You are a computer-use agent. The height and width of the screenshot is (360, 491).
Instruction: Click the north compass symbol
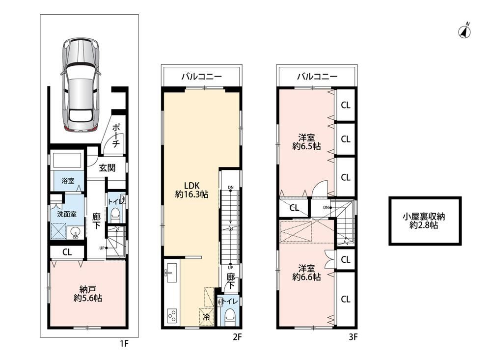tap(464, 31)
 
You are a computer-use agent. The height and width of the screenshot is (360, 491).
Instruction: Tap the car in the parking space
tap(81, 84)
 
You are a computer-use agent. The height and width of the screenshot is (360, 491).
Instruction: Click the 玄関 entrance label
tap(107, 168)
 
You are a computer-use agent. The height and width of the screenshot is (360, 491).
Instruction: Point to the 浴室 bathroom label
tap(68, 181)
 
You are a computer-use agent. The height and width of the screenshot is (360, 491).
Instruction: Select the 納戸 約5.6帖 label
tap(88, 294)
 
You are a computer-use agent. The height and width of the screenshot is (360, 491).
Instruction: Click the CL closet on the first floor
tap(67, 252)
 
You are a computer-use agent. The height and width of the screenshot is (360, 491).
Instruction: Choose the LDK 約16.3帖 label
tap(191, 190)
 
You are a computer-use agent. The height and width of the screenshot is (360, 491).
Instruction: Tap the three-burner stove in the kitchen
tap(172, 316)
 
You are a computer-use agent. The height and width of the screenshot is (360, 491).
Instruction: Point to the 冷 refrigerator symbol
tap(207, 317)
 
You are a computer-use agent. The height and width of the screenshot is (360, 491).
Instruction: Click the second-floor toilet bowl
tap(231, 316)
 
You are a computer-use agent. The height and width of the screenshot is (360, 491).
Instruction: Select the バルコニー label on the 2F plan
tap(201, 77)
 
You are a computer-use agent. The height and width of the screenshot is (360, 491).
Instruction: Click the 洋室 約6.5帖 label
tap(306, 141)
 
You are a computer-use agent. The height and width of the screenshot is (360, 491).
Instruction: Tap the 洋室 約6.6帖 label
tap(306, 273)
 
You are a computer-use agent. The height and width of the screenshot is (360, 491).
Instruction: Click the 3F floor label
tap(353, 337)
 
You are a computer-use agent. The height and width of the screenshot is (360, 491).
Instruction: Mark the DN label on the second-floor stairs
tap(231, 188)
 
